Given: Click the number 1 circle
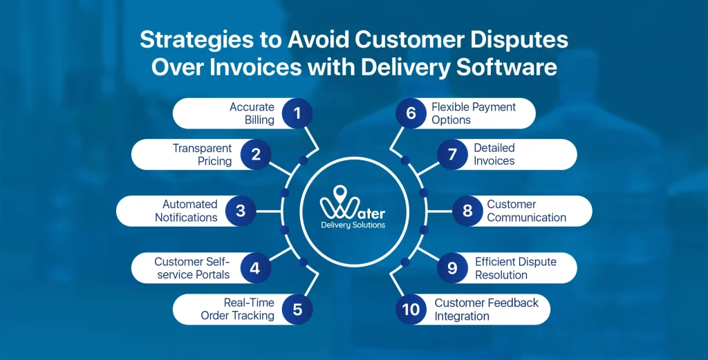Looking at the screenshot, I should point(297,113).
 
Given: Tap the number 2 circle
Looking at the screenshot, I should point(256,155).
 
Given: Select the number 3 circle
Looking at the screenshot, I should point(241,211).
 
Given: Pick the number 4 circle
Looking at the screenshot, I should point(255,267).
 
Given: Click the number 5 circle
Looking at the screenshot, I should point(297,309).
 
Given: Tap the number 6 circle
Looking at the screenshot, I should point(411,113).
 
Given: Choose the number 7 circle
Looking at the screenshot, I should point(452,155).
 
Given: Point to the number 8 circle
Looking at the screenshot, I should point(467,211).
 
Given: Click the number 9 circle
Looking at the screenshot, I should point(452,267).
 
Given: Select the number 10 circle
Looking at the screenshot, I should point(411,309).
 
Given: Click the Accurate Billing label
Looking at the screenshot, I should point(252,113).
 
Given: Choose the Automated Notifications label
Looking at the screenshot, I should point(186,211).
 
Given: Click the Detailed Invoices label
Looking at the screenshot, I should point(494,155).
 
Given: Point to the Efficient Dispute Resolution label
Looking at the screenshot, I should point(515,268).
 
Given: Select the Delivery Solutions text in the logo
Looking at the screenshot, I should point(353,225).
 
